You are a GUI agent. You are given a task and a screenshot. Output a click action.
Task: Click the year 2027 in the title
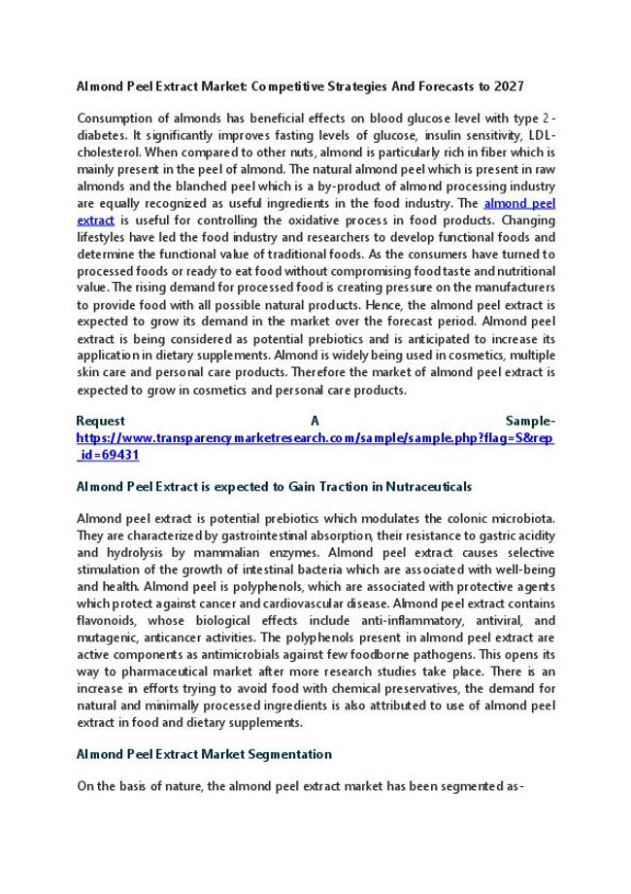536,86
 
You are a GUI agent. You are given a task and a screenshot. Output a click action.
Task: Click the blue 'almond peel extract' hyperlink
519,203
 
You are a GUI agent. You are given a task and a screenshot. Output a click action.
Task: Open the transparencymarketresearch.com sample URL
315,437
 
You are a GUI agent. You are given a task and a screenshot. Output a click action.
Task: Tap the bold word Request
101,421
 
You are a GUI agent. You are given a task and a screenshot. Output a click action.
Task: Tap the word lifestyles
104,237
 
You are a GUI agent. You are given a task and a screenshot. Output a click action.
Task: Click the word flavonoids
109,620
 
